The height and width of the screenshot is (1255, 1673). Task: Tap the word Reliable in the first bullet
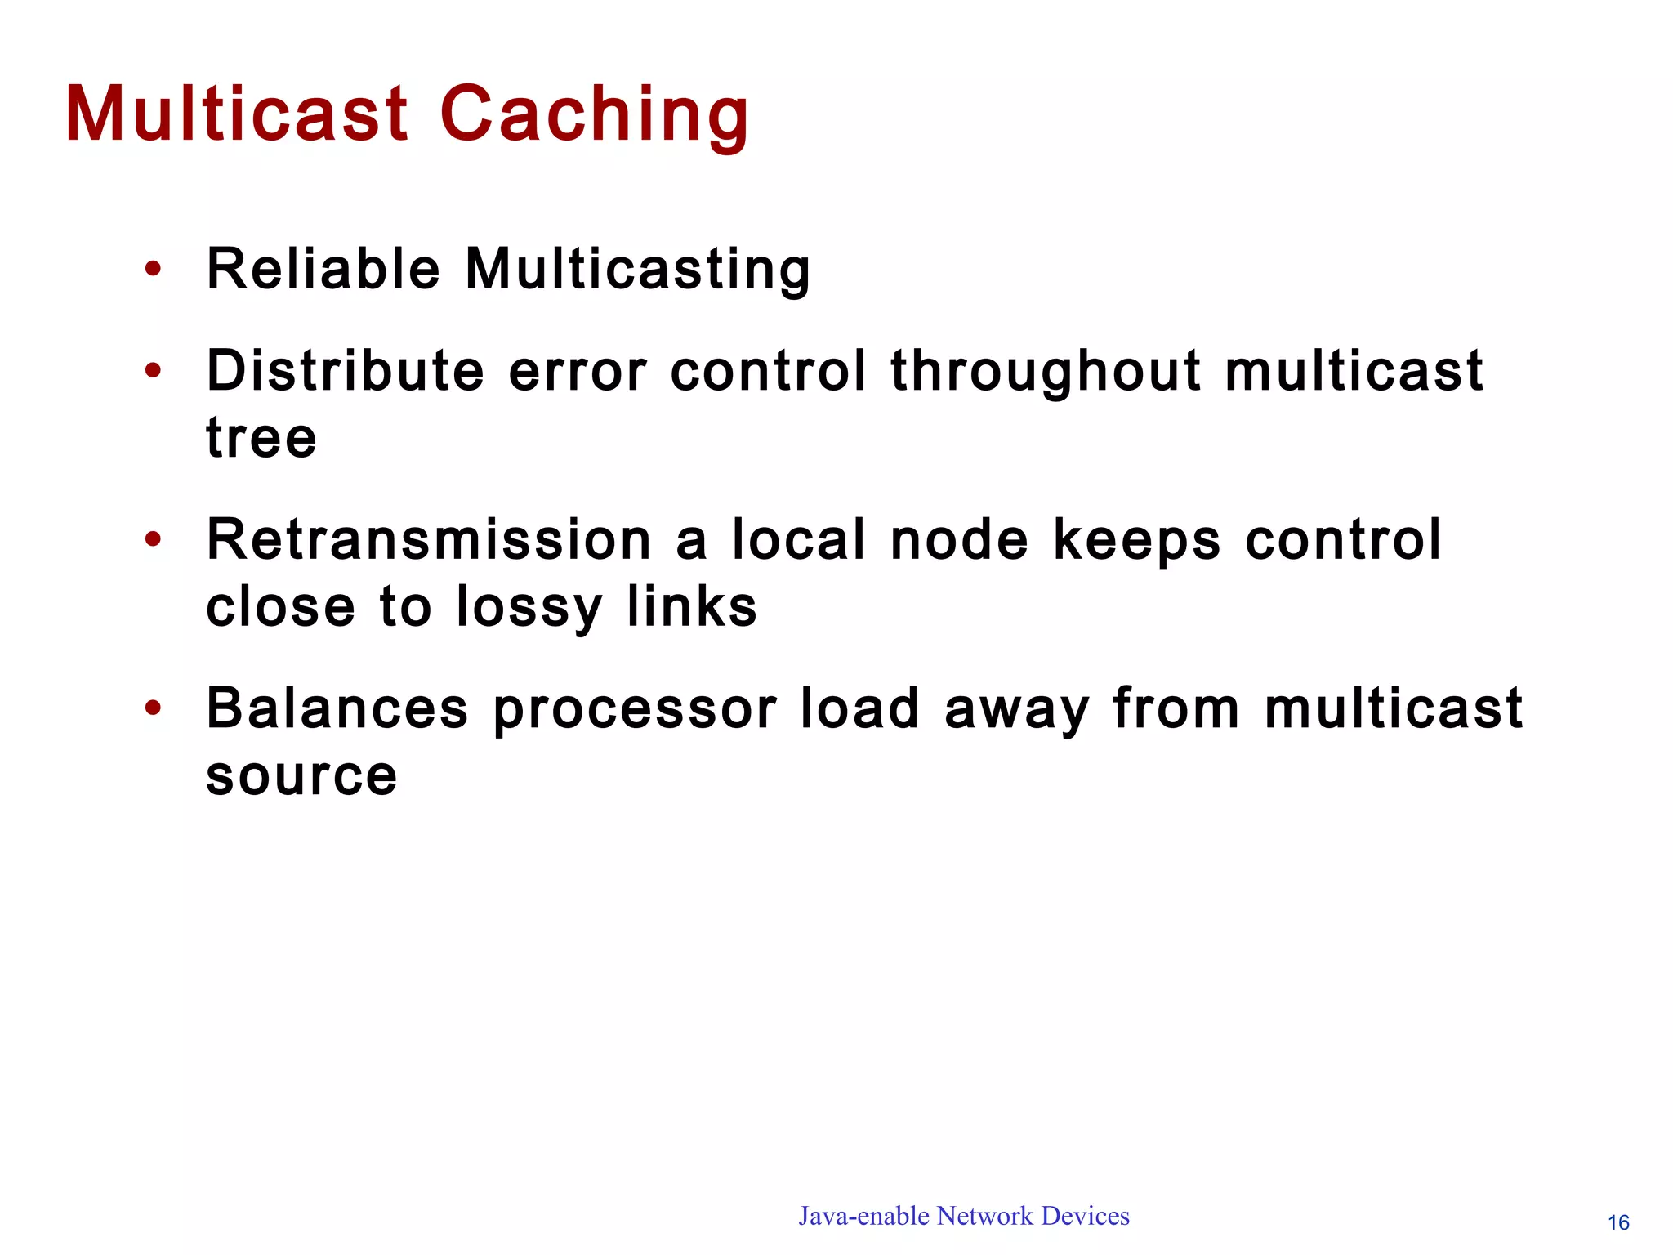[x=323, y=269]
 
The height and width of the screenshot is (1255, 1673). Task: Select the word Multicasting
[x=638, y=270]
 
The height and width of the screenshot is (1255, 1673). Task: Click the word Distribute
[x=346, y=371]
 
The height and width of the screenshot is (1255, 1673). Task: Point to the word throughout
[x=1046, y=373]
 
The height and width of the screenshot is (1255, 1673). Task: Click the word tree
[x=261, y=438]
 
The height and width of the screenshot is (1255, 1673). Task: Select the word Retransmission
[x=429, y=540]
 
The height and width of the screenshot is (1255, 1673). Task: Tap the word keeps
[x=1136, y=542]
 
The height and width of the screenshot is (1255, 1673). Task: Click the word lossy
[x=529, y=609]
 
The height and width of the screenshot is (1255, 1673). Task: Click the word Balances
[x=337, y=708]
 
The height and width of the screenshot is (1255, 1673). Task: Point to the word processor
[x=635, y=710]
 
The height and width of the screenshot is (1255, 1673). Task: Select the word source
[x=301, y=776]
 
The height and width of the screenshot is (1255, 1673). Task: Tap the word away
[x=1017, y=710]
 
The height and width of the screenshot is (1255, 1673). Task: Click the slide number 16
[x=1618, y=1223]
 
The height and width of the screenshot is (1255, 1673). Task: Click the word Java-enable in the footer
[x=863, y=1217]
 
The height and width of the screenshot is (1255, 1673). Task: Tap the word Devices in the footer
[x=1086, y=1216]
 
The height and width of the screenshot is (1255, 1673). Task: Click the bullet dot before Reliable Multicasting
[x=153, y=269]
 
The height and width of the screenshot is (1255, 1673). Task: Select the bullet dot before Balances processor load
[x=153, y=708]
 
